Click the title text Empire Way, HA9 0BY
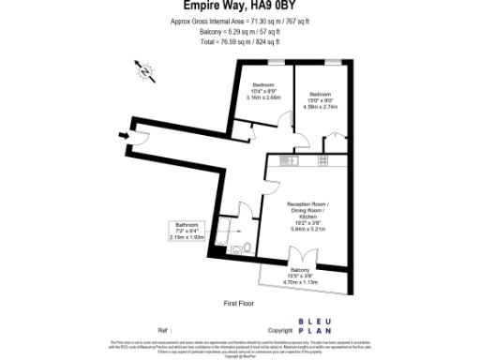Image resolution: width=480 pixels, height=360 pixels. [240, 9]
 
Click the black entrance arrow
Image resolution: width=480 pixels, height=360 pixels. [125, 135]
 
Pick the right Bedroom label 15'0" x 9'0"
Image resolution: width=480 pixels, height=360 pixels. [321, 100]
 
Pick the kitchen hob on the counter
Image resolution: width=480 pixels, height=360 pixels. [322, 160]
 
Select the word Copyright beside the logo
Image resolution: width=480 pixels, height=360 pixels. [280, 331]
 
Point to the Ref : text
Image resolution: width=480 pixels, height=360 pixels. [165, 331]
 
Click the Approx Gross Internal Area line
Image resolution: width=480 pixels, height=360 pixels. [239, 21]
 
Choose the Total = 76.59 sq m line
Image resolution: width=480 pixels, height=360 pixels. [240, 42]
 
